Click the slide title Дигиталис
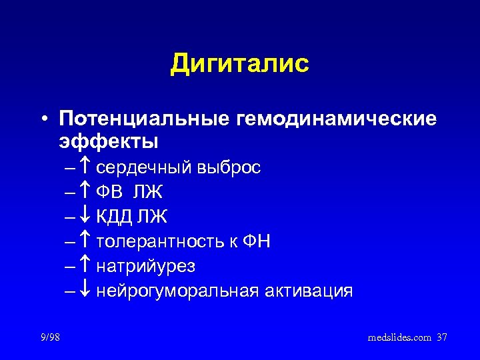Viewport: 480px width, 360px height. [240, 64]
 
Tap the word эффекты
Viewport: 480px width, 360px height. [109, 142]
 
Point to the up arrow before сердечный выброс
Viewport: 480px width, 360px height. [87, 167]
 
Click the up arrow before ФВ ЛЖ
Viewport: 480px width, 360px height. [87, 192]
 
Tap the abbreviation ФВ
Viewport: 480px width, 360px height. [111, 192]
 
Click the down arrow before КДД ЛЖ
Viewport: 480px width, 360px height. [87, 217]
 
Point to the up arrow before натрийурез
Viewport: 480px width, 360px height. [87, 266]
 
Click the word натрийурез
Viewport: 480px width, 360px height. [146, 267]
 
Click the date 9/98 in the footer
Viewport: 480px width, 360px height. [49, 338]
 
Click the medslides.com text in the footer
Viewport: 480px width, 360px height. [399, 338]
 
